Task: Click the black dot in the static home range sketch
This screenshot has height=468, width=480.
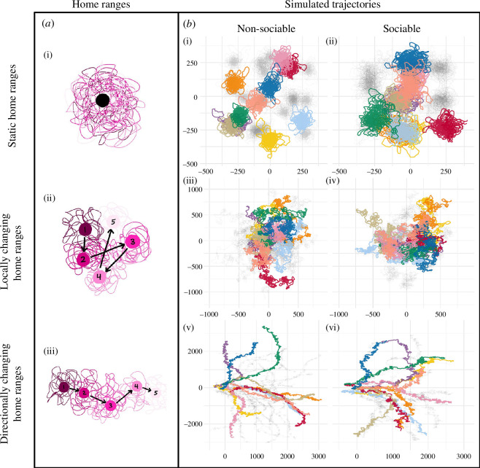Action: (103, 100)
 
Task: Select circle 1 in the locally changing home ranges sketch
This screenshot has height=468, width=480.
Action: (86, 230)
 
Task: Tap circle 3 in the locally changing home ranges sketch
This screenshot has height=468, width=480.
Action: (132, 241)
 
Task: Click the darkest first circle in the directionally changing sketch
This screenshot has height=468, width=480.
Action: (64, 387)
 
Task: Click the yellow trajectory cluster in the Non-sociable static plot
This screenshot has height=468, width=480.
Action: (271, 139)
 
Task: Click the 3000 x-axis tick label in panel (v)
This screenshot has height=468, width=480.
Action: (317, 457)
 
